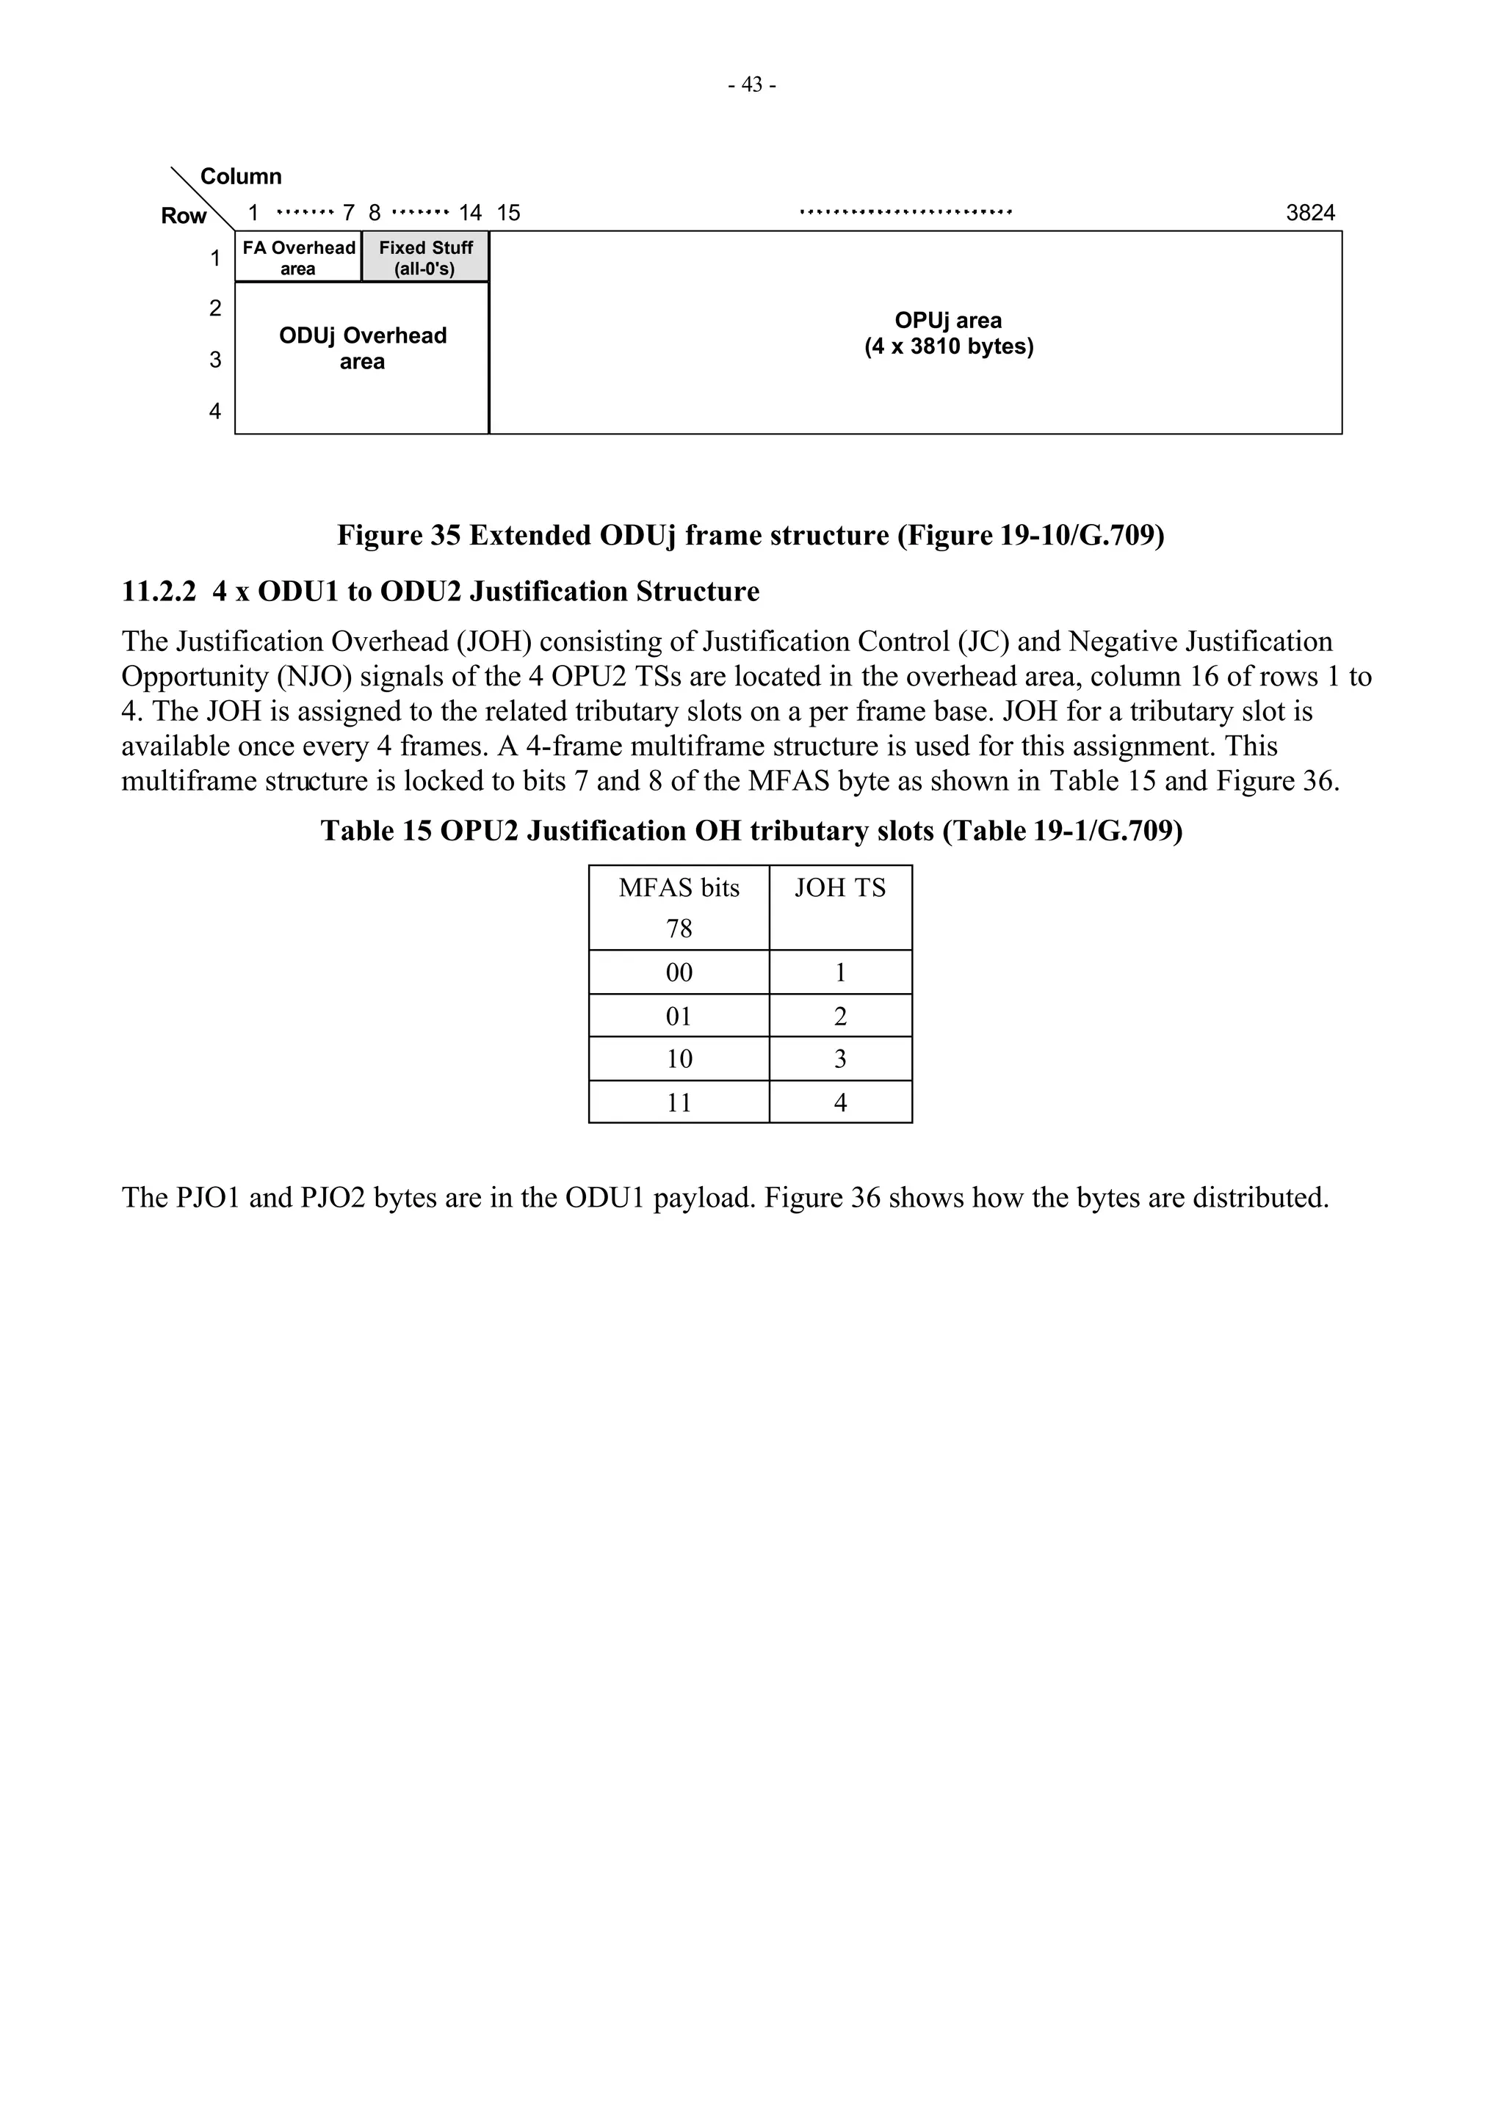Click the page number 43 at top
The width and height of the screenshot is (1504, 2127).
point(751,85)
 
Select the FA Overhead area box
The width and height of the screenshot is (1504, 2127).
point(298,258)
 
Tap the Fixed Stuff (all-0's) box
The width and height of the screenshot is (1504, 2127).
point(425,258)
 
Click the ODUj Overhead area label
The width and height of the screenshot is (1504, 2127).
point(362,349)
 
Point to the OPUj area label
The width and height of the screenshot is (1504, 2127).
point(948,333)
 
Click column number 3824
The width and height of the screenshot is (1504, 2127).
point(1309,213)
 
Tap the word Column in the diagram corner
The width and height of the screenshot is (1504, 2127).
point(241,176)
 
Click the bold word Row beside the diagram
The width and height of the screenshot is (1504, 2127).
point(184,216)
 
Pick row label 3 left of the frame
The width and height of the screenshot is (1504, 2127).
point(215,360)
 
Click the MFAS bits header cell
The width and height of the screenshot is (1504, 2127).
point(679,907)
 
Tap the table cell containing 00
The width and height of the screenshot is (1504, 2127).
point(679,972)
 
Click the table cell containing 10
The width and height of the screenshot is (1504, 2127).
point(679,1059)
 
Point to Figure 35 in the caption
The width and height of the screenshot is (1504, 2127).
point(399,536)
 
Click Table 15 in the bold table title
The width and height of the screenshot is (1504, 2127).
point(375,831)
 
